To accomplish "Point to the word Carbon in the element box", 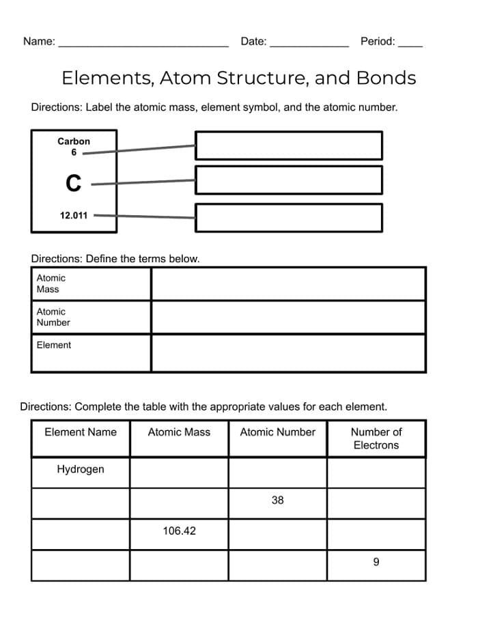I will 74,141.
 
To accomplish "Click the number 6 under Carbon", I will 74,153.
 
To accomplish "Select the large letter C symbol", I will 73,183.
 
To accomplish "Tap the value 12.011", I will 74,215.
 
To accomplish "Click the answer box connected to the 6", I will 288,145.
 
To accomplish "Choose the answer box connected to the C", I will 288,180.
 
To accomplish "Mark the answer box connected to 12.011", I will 288,217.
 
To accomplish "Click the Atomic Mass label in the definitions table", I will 51,283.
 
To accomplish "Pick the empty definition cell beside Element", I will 288,353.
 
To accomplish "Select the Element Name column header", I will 81,432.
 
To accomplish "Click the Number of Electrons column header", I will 376,438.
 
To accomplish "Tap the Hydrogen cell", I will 81,470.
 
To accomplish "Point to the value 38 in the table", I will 277,501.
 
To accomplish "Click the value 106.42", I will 179,531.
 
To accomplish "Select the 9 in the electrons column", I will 376,562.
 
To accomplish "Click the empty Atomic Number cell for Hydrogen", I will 277,472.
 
